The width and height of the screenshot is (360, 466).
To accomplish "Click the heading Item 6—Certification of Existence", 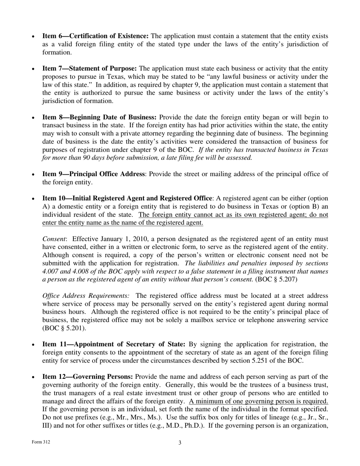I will click(95, 36).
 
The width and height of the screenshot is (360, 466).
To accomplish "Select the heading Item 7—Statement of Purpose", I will click(89, 69).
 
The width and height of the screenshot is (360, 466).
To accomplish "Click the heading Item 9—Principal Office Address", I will click(93, 174).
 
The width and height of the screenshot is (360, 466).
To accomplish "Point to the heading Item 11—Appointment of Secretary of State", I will click(114, 344).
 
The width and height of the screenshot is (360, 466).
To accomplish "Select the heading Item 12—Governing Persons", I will click(88, 377).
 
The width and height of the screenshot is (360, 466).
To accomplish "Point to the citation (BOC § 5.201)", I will click(64, 328).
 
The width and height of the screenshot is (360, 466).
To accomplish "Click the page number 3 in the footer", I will click(180, 443).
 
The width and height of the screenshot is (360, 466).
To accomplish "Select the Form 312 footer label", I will click(41, 442).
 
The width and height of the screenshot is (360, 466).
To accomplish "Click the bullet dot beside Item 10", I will click(33, 199).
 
